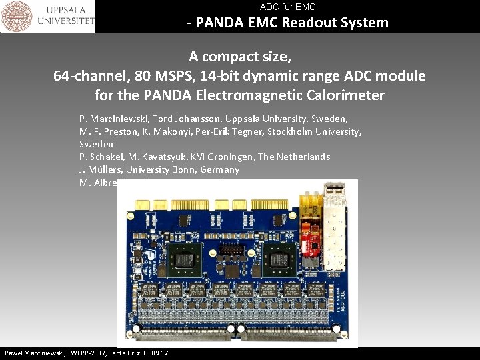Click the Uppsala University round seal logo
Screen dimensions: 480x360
[16, 16]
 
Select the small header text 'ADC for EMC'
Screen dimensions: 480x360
[287, 7]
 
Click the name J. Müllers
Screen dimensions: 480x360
[100, 169]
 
